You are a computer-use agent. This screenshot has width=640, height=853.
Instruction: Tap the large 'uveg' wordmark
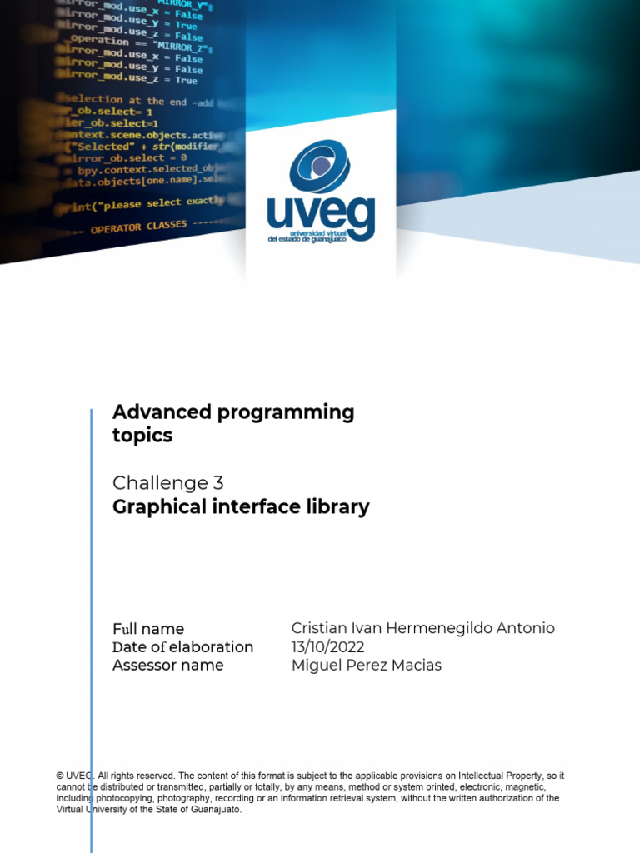[x=321, y=215]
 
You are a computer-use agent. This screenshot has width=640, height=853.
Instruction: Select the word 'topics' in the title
[x=142, y=435]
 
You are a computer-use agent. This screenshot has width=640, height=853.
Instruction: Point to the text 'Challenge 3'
[x=167, y=483]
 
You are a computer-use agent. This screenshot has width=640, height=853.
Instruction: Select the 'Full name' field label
[x=148, y=629]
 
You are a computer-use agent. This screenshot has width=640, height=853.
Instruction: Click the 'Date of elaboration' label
[x=182, y=647]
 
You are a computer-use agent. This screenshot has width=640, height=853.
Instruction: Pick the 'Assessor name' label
[x=167, y=666]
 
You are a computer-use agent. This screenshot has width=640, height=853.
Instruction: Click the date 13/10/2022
[x=327, y=647]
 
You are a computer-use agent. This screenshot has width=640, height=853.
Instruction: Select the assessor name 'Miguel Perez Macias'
[x=366, y=666]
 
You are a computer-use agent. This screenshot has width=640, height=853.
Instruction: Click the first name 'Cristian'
[x=318, y=629]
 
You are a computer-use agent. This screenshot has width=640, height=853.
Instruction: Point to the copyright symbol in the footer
[x=60, y=776]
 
